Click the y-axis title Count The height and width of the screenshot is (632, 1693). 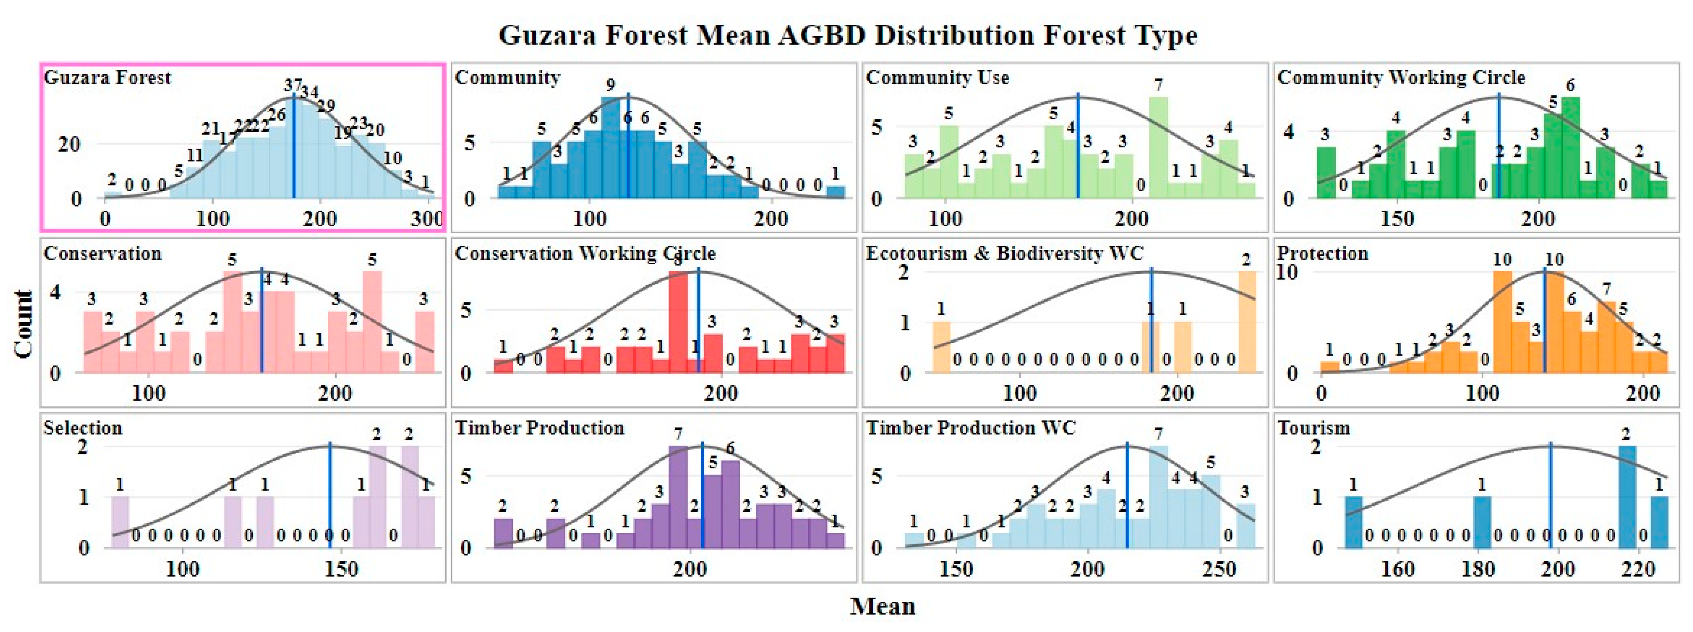24,323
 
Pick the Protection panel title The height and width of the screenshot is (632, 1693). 1322,253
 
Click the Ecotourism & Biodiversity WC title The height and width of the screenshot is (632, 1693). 1004,253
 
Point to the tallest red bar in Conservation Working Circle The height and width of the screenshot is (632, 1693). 678,322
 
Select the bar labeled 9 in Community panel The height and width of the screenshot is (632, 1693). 611,147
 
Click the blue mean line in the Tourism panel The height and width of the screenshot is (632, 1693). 1550,499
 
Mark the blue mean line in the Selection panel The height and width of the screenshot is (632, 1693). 330,499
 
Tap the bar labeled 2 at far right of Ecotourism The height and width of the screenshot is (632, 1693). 1247,322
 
